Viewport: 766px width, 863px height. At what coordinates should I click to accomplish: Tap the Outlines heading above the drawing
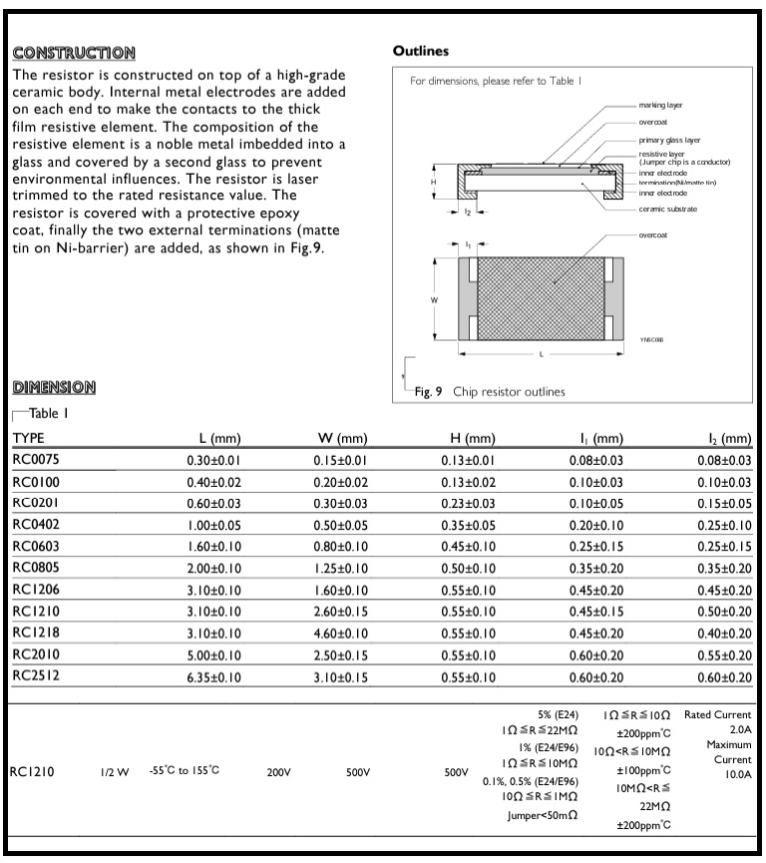(x=421, y=50)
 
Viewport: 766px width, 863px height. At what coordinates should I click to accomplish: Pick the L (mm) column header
(x=220, y=438)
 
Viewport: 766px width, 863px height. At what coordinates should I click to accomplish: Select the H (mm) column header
(x=474, y=438)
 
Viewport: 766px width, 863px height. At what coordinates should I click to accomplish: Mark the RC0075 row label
(x=38, y=460)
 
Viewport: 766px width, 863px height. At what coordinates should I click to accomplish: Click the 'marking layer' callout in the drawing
(x=661, y=105)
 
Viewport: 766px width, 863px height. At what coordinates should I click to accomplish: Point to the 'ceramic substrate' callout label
(x=668, y=209)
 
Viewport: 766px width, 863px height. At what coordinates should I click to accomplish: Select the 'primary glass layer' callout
(x=670, y=141)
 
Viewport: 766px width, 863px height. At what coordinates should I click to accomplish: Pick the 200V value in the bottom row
(x=278, y=771)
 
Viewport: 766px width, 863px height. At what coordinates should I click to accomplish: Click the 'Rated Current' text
(x=717, y=714)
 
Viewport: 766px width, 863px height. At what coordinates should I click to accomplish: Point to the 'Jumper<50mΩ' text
(x=543, y=815)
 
